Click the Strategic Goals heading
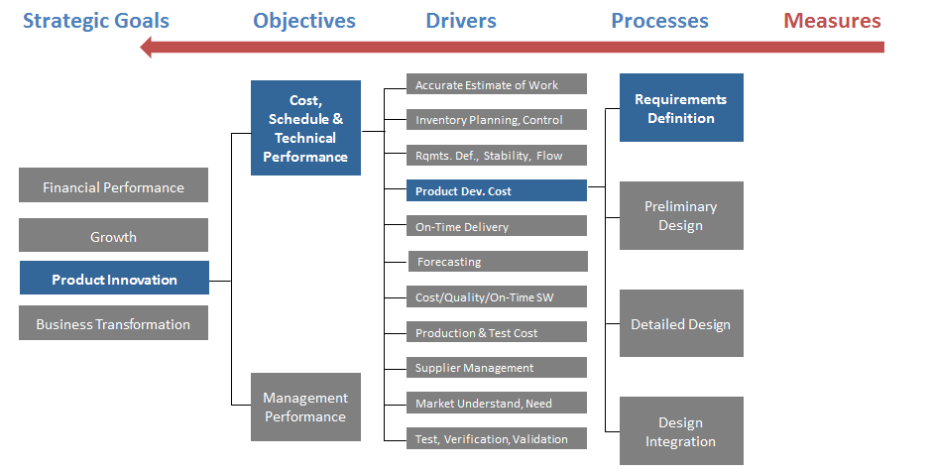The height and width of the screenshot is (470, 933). click(x=96, y=21)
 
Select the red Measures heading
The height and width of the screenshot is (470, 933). click(x=832, y=20)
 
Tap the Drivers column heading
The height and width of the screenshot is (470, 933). click(x=461, y=20)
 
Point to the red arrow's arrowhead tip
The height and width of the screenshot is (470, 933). click(x=140, y=47)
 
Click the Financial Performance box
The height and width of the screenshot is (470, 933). click(x=114, y=185)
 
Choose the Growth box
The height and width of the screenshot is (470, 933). click(x=114, y=235)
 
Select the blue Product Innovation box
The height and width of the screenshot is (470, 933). click(x=114, y=278)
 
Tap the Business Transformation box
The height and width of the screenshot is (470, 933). click(x=114, y=323)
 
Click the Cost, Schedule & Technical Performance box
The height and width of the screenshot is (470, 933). click(x=305, y=128)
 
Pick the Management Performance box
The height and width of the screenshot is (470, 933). click(x=305, y=407)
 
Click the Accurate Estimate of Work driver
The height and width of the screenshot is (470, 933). click(x=497, y=84)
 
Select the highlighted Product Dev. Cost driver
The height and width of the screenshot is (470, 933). click(x=497, y=190)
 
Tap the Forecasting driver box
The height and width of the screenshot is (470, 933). click(x=498, y=261)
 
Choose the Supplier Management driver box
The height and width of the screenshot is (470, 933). click(x=497, y=367)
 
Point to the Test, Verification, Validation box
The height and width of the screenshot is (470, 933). click(x=497, y=438)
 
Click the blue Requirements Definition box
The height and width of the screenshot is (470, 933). click(x=681, y=108)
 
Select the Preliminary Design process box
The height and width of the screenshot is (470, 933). click(x=681, y=215)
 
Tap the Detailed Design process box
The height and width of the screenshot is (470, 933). click(x=681, y=323)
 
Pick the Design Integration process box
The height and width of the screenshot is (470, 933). click(x=681, y=430)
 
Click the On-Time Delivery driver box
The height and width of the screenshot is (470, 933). click(x=497, y=225)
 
